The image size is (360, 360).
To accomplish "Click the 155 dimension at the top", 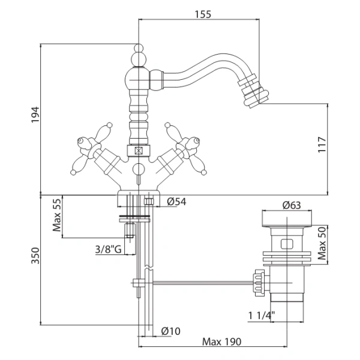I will coord(203,14).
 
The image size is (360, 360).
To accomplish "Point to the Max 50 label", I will coord(322,242).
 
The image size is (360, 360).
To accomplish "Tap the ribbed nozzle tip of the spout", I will coord(259,90).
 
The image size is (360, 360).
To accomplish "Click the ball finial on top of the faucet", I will coord(138,49).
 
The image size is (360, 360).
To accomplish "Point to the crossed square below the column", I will coord(138,151).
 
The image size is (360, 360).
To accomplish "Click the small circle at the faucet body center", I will coord(138,169).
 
